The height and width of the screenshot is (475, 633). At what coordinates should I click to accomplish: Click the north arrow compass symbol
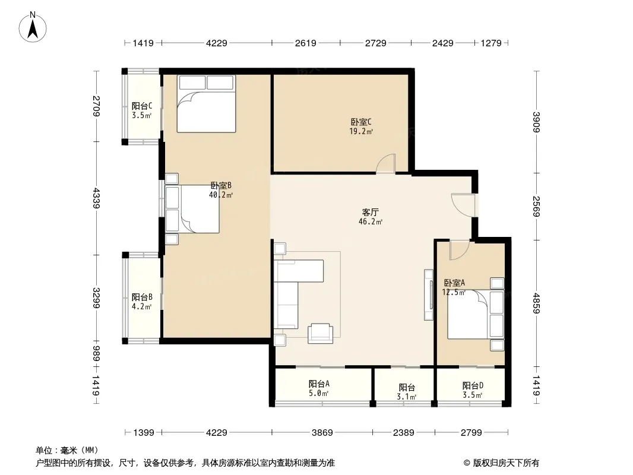(x=33, y=27)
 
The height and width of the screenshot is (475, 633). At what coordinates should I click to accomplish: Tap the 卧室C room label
(x=361, y=122)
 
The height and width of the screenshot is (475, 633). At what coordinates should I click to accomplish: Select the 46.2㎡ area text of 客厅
(x=371, y=221)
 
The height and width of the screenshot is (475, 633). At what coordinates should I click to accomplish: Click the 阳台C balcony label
(x=142, y=106)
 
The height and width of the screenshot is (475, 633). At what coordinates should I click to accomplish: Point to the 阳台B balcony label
(x=142, y=297)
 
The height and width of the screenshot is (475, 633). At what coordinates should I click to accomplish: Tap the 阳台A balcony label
(x=319, y=384)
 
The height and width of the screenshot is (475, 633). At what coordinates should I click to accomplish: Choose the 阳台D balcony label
(x=473, y=386)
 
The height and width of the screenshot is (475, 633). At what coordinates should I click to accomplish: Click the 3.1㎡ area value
(x=407, y=397)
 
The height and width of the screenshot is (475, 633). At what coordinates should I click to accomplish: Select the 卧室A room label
(x=454, y=283)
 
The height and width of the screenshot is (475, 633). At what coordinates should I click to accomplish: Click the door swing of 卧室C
(x=386, y=163)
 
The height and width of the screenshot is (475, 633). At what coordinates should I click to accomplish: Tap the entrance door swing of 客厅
(x=463, y=205)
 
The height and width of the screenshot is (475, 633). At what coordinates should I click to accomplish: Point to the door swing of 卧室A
(x=460, y=249)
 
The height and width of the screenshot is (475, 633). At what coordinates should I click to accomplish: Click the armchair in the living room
(x=321, y=334)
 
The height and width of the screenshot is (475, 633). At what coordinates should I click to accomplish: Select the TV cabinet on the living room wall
(x=428, y=295)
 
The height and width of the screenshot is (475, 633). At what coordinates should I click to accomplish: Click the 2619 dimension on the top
(x=306, y=43)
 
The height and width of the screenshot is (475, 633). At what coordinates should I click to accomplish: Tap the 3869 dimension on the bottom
(x=322, y=433)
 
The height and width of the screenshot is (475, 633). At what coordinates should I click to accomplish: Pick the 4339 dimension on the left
(x=96, y=198)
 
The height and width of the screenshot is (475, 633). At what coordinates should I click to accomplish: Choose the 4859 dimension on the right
(x=536, y=303)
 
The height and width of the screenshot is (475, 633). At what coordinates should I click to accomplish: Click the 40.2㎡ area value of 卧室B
(x=221, y=195)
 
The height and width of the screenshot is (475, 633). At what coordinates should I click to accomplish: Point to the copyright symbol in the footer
(x=467, y=463)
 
